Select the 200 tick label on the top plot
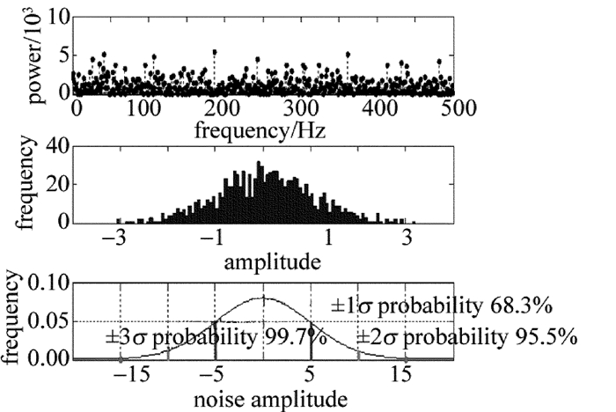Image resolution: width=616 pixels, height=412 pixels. (x=216, y=109)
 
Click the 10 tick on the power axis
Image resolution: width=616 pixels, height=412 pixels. (x=59, y=16)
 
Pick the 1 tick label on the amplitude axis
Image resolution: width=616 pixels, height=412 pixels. (x=328, y=239)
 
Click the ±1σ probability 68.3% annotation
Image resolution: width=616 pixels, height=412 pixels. (x=442, y=308)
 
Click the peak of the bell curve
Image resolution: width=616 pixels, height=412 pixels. (x=264, y=298)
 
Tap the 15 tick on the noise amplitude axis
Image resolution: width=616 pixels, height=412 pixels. (x=402, y=375)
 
